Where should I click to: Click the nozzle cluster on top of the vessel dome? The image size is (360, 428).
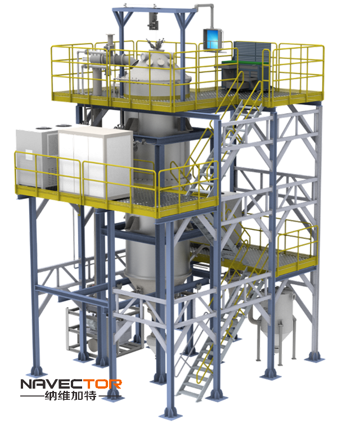click(156, 44)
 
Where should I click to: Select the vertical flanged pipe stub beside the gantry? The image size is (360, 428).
click(110, 42)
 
